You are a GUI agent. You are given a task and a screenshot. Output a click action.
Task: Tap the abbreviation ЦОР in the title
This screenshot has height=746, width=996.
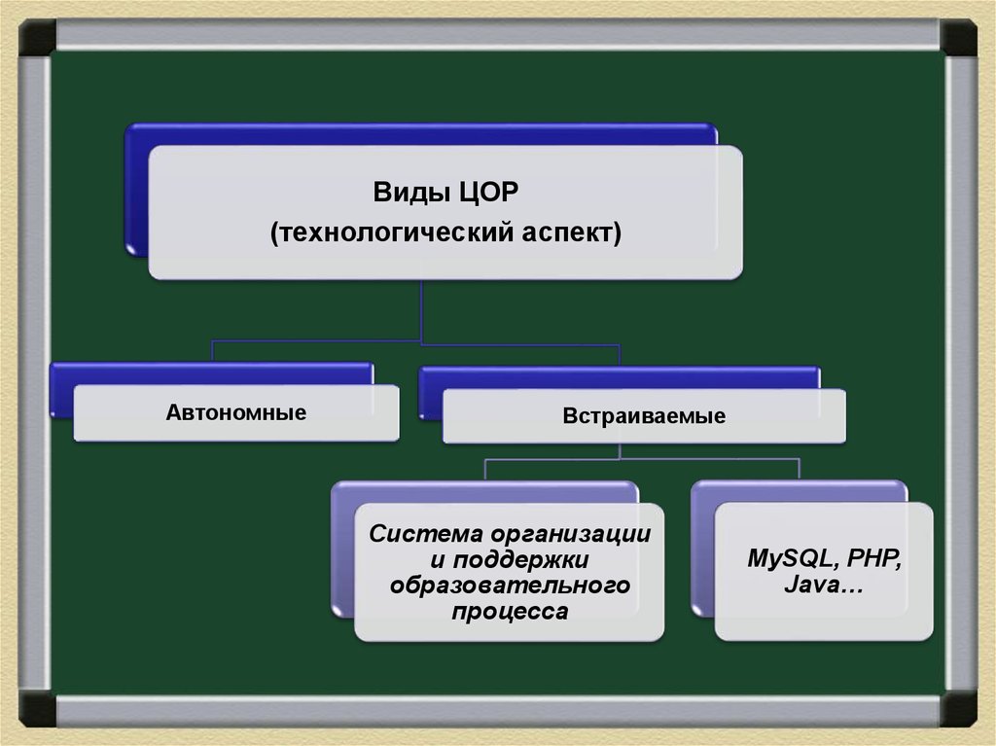click(488, 192)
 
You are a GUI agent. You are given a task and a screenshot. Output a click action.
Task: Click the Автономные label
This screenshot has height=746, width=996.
click(236, 412)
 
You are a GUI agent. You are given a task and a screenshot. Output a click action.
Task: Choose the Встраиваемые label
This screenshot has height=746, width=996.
click(644, 415)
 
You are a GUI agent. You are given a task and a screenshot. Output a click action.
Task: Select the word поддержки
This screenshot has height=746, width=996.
click(521, 560)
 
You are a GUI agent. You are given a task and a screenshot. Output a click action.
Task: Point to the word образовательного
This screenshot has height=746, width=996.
click(510, 586)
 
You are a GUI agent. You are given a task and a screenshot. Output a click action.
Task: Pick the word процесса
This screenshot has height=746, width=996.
click(510, 612)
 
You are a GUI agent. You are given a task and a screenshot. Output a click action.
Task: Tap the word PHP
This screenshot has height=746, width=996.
click(874, 558)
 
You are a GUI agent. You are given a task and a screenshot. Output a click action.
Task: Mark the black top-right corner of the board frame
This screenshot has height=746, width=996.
click(958, 37)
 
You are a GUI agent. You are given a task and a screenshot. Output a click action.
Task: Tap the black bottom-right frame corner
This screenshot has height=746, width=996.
click(958, 708)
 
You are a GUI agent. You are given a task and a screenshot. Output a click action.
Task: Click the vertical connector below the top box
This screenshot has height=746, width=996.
click(421, 311)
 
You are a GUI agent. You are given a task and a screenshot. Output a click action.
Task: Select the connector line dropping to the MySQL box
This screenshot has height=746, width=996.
click(800, 469)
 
